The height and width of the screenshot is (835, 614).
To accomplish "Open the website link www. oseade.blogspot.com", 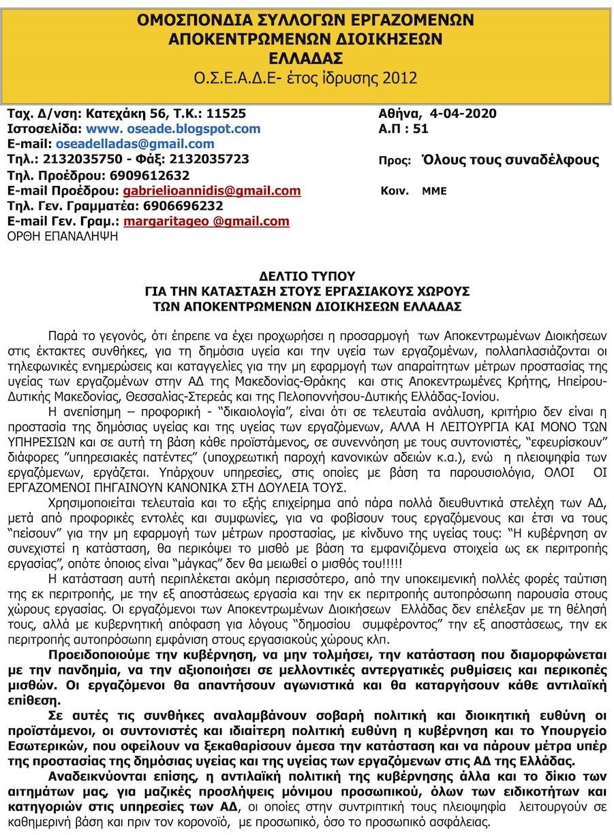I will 173,129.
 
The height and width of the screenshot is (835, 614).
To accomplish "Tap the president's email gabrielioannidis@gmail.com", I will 212,191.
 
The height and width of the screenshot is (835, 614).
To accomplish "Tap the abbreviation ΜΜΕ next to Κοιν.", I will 434,191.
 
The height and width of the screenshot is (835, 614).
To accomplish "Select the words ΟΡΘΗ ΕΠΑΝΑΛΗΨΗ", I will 62,237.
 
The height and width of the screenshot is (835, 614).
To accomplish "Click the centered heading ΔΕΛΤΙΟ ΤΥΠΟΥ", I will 307,277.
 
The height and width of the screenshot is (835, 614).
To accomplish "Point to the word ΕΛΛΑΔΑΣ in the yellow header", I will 307,57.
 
